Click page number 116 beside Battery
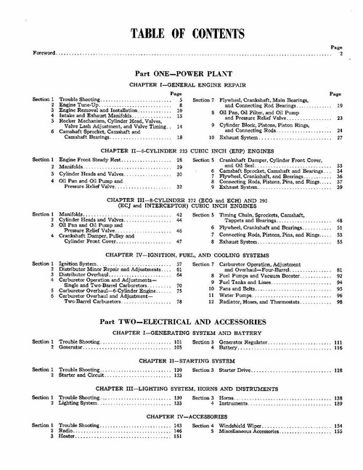338,348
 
